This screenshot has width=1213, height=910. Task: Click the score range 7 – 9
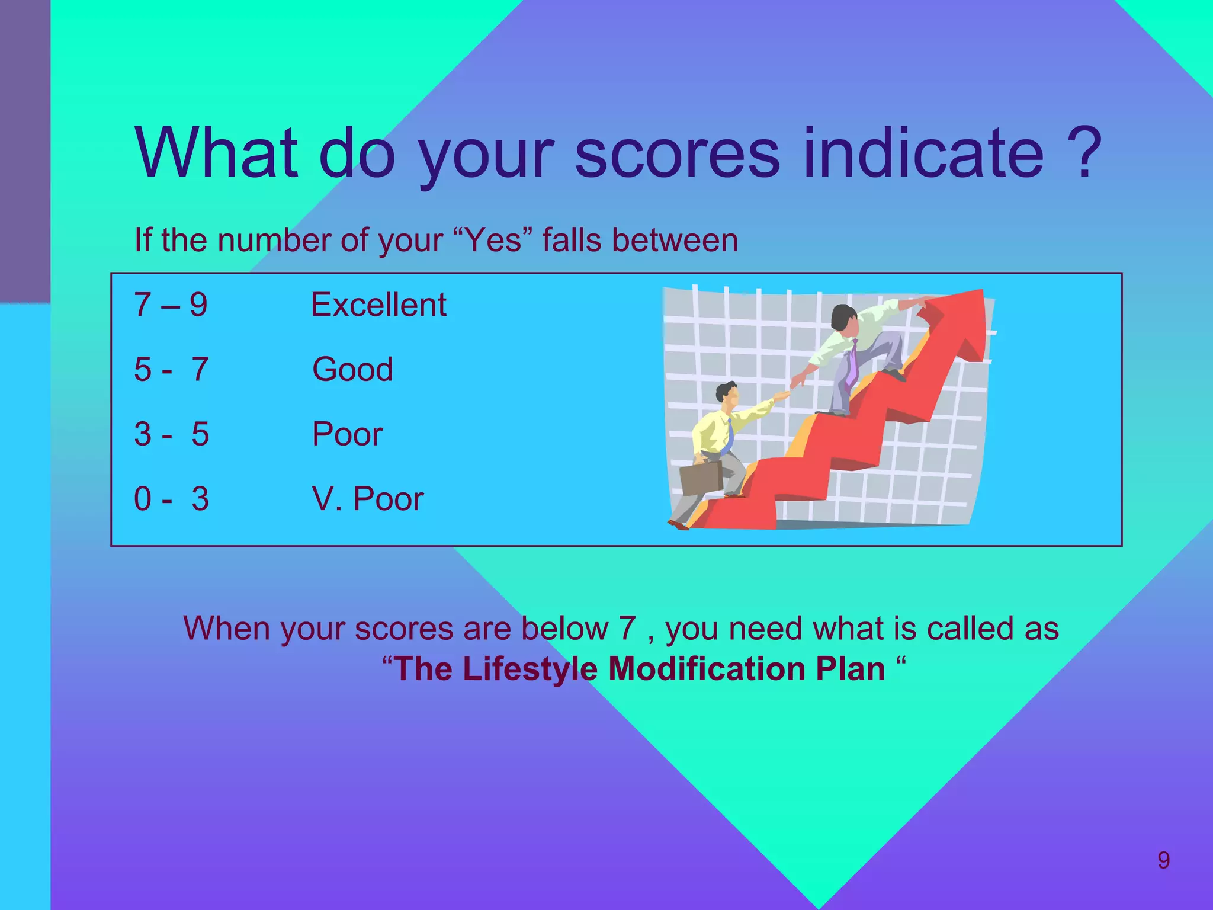pyautogui.click(x=171, y=305)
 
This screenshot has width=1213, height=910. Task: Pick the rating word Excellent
pyautogui.click(x=378, y=305)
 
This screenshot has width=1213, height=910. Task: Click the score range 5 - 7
pyautogui.click(x=171, y=369)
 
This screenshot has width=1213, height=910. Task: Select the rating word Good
pyautogui.click(x=352, y=369)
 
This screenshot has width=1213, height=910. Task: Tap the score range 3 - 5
pyautogui.click(x=171, y=434)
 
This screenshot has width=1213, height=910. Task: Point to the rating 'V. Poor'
pyautogui.click(x=367, y=498)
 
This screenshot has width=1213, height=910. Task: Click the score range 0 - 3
pyautogui.click(x=171, y=498)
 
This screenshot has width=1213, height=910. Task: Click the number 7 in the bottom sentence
pyautogui.click(x=627, y=628)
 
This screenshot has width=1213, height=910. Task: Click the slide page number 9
pyautogui.click(x=1163, y=860)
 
